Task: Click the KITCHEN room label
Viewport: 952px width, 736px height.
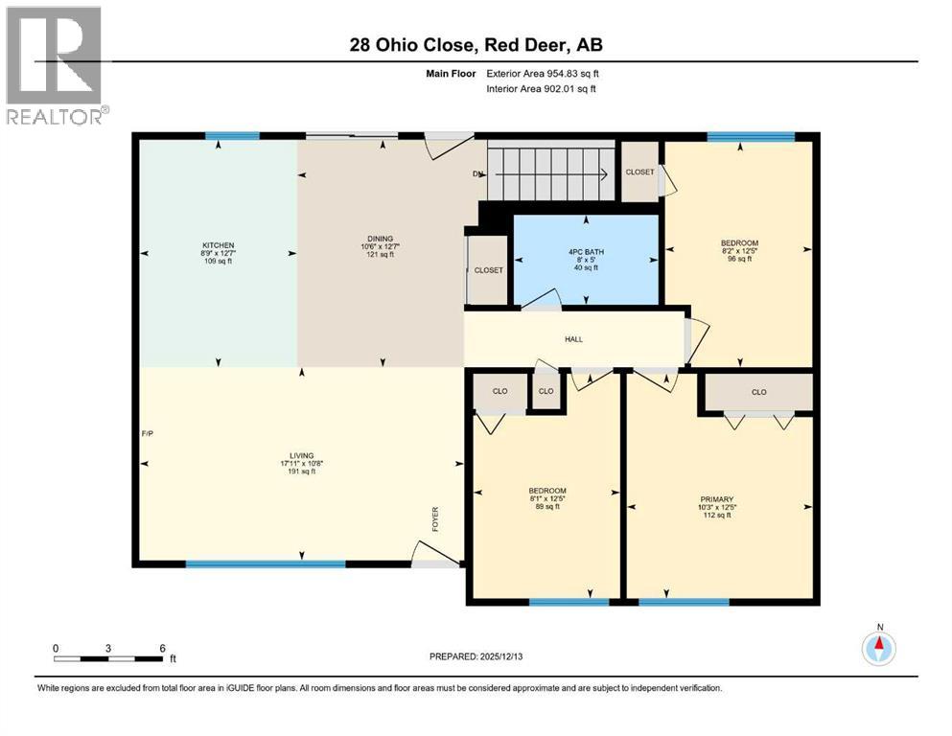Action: click(218, 245)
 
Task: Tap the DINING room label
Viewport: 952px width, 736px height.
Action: click(381, 240)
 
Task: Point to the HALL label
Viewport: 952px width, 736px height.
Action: click(573, 339)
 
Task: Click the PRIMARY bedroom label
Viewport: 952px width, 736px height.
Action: click(716, 500)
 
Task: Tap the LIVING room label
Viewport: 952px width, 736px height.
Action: click(304, 456)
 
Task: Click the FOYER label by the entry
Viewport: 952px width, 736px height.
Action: click(434, 518)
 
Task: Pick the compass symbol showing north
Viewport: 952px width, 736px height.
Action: click(878, 649)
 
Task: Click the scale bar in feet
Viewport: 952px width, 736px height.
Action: click(108, 658)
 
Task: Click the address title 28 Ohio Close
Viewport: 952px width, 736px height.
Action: click(476, 45)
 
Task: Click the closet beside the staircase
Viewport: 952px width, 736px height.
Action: click(639, 172)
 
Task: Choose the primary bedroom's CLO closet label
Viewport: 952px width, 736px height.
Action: click(758, 392)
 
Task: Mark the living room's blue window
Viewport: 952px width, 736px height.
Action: click(265, 563)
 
